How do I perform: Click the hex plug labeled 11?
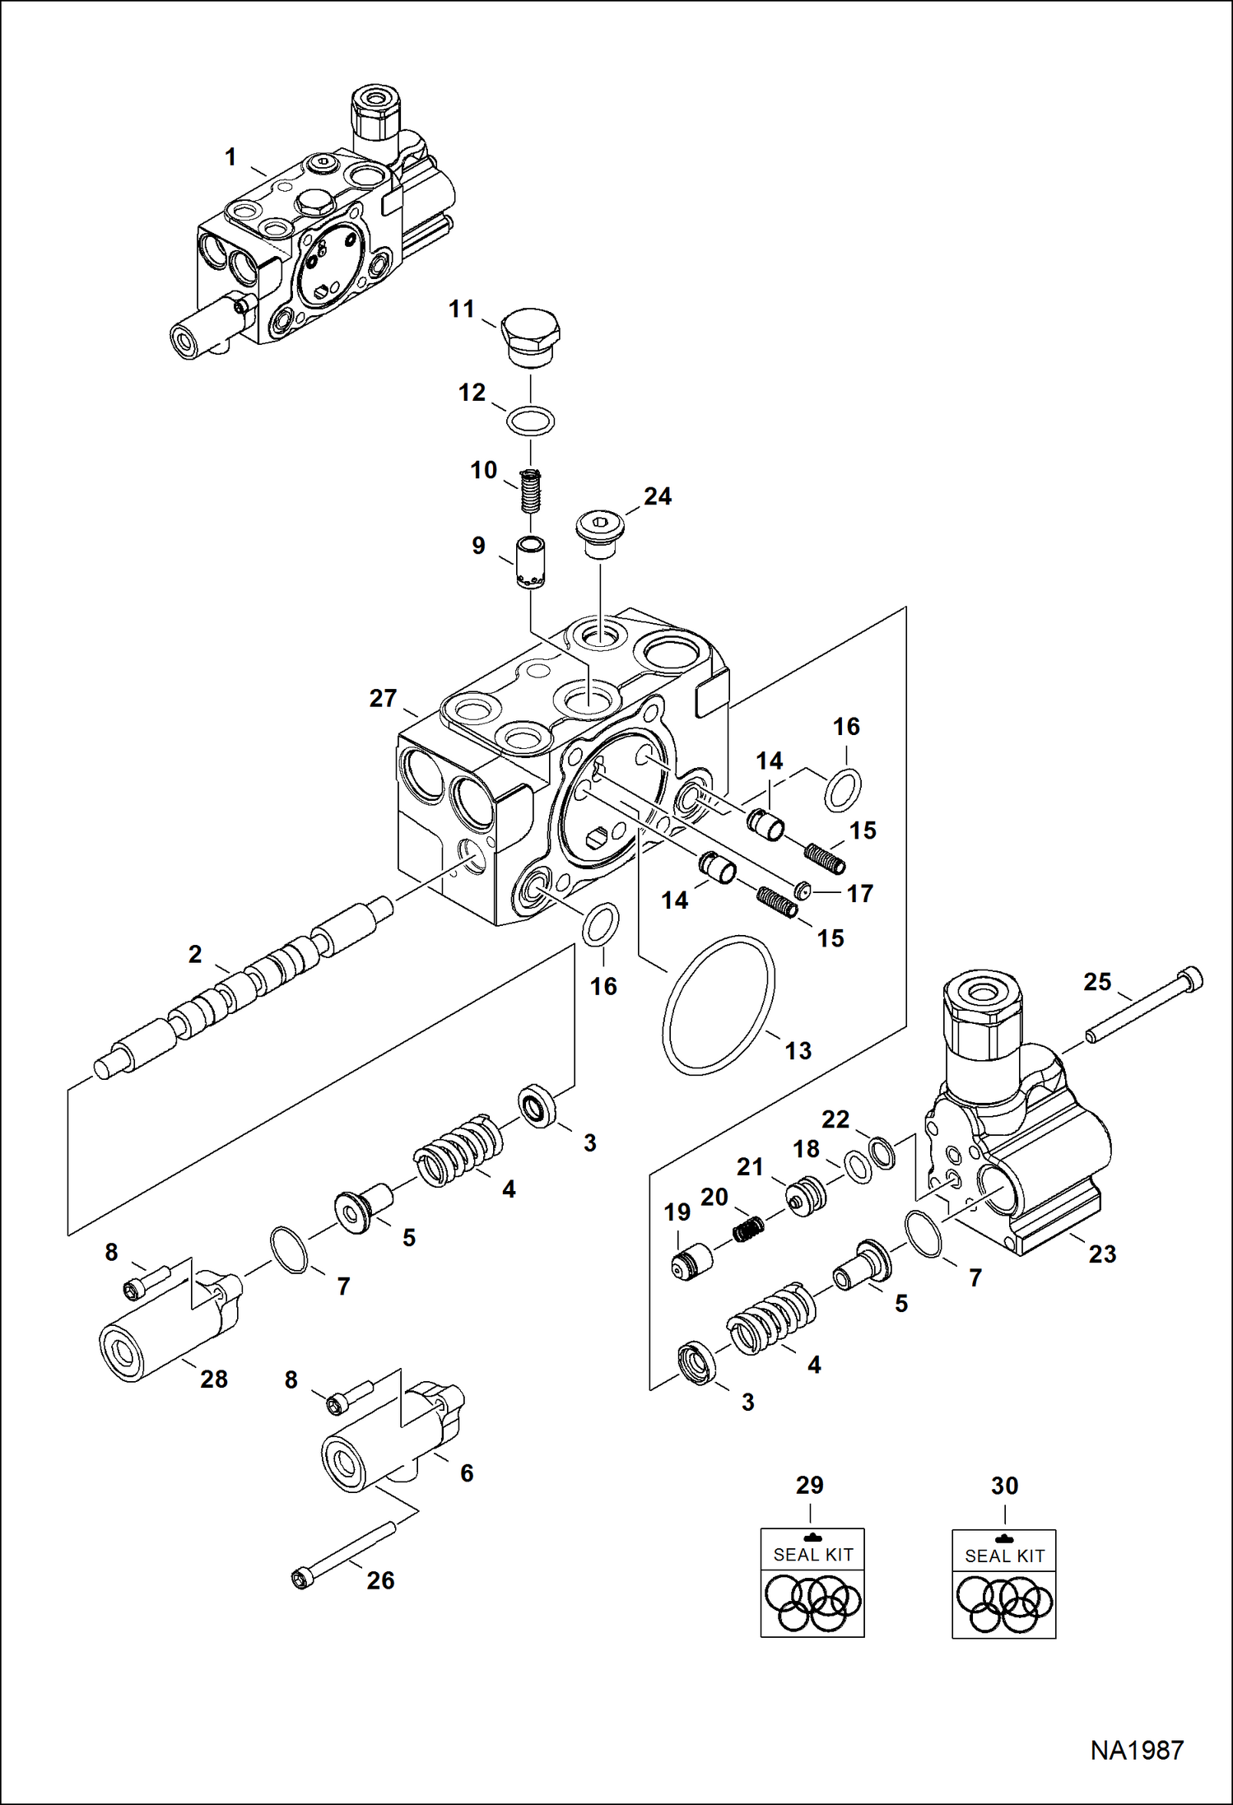coord(531,338)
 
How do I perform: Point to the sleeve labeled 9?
coord(531,562)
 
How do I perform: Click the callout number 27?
coord(383,698)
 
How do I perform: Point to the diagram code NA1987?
coord(1137,1750)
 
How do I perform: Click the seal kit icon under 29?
coord(812,1583)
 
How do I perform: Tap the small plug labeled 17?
coord(803,890)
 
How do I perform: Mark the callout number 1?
coord(230,156)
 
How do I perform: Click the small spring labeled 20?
coord(748,1229)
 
